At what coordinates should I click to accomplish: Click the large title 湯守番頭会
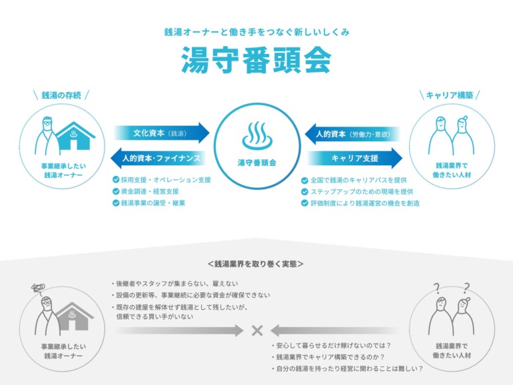click(x=256, y=60)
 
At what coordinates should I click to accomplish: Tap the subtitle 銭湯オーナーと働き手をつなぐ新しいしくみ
click(x=256, y=32)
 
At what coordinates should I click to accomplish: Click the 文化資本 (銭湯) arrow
click(x=162, y=133)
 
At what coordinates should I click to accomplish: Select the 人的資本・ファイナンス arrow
click(x=159, y=159)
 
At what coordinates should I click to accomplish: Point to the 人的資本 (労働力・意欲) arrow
click(x=352, y=134)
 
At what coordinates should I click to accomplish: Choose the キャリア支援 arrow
click(x=354, y=159)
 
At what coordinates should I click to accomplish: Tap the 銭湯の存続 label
click(x=61, y=95)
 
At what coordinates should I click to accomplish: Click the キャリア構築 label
click(x=450, y=95)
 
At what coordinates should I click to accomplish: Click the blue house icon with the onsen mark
click(x=75, y=136)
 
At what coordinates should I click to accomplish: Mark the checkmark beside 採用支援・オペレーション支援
click(x=116, y=180)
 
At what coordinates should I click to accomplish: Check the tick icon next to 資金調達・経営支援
click(x=116, y=191)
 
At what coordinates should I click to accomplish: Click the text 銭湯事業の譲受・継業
click(x=153, y=203)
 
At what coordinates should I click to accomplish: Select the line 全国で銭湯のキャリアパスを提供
click(x=358, y=181)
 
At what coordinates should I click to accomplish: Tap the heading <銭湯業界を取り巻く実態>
click(x=256, y=264)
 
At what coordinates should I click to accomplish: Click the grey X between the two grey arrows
click(x=257, y=330)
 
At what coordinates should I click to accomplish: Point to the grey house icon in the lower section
click(x=74, y=316)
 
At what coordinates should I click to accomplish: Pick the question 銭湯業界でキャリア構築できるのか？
click(x=330, y=357)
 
